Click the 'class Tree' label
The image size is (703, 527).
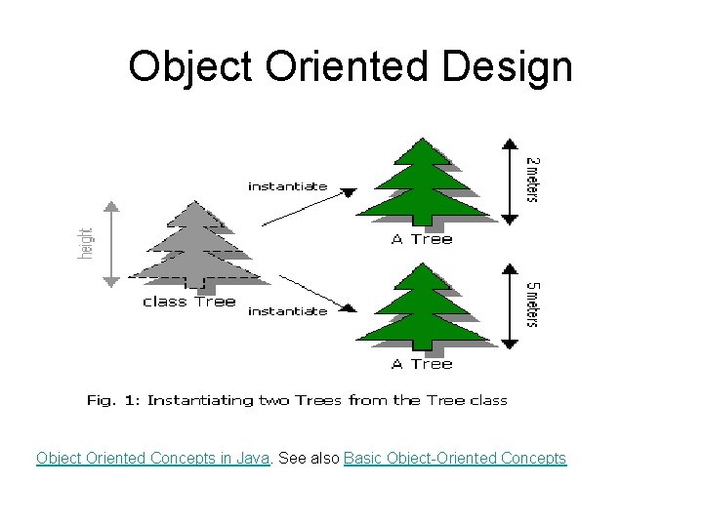pyautogui.click(x=188, y=302)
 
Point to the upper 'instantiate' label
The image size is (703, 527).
pyautogui.click(x=287, y=186)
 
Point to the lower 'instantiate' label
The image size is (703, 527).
pyautogui.click(x=287, y=311)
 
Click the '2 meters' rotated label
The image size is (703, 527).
pyautogui.click(x=532, y=179)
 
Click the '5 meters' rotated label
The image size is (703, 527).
pyautogui.click(x=532, y=304)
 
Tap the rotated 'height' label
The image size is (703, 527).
pyautogui.click(x=86, y=244)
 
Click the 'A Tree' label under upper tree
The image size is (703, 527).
pyautogui.click(x=422, y=240)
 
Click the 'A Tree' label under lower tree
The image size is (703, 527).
pyautogui.click(x=422, y=364)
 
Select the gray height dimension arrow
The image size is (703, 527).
pyautogui.click(x=110, y=244)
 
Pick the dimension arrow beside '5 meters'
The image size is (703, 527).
pyautogui.click(x=508, y=305)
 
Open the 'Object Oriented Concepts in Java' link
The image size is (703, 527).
pyautogui.click(x=152, y=459)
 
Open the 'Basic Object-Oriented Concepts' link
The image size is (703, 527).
pyautogui.click(x=455, y=459)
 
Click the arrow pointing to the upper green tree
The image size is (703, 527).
pyautogui.click(x=309, y=207)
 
